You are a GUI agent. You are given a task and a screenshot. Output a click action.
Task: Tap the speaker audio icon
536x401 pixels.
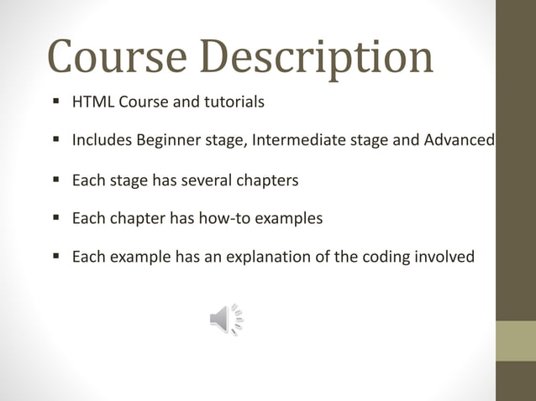pyautogui.click(x=225, y=320)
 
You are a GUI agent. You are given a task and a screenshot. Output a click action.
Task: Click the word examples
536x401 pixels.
pyautogui.click(x=288, y=218)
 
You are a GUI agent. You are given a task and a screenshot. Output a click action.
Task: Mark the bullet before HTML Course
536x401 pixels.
pyautogui.click(x=55, y=102)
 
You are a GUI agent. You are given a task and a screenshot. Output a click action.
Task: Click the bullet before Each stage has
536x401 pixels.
pyautogui.click(x=55, y=179)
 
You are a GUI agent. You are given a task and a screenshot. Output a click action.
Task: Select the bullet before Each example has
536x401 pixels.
pyautogui.click(x=55, y=256)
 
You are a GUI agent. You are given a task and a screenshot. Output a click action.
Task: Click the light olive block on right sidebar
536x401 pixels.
pyautogui.click(x=515, y=341)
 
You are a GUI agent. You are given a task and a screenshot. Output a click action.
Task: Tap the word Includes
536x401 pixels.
pyautogui.click(x=100, y=140)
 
